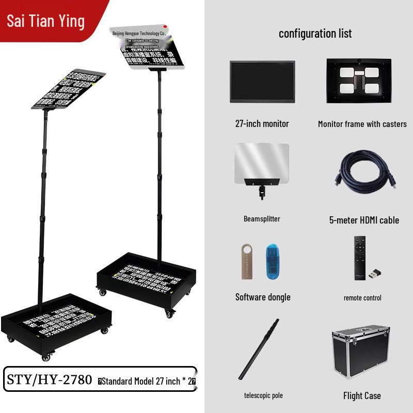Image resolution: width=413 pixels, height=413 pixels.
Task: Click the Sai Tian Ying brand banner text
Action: point(45,21)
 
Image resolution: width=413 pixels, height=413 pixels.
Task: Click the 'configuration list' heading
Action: point(315,34)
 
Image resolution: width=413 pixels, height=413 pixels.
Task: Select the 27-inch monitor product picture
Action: point(262,82)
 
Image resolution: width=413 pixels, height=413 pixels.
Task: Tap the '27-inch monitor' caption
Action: point(262,123)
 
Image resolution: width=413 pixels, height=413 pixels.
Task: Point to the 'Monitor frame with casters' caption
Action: point(362,124)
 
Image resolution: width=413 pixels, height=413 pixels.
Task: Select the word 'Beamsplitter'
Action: point(262,219)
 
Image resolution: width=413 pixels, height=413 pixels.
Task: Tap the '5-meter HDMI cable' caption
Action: point(364,220)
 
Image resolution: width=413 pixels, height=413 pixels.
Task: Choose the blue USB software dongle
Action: point(272,262)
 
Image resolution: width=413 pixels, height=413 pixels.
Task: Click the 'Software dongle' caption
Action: point(263,297)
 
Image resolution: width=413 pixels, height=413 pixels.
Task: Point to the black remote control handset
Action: point(359,258)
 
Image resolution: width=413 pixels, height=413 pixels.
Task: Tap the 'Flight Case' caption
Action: point(362,396)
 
